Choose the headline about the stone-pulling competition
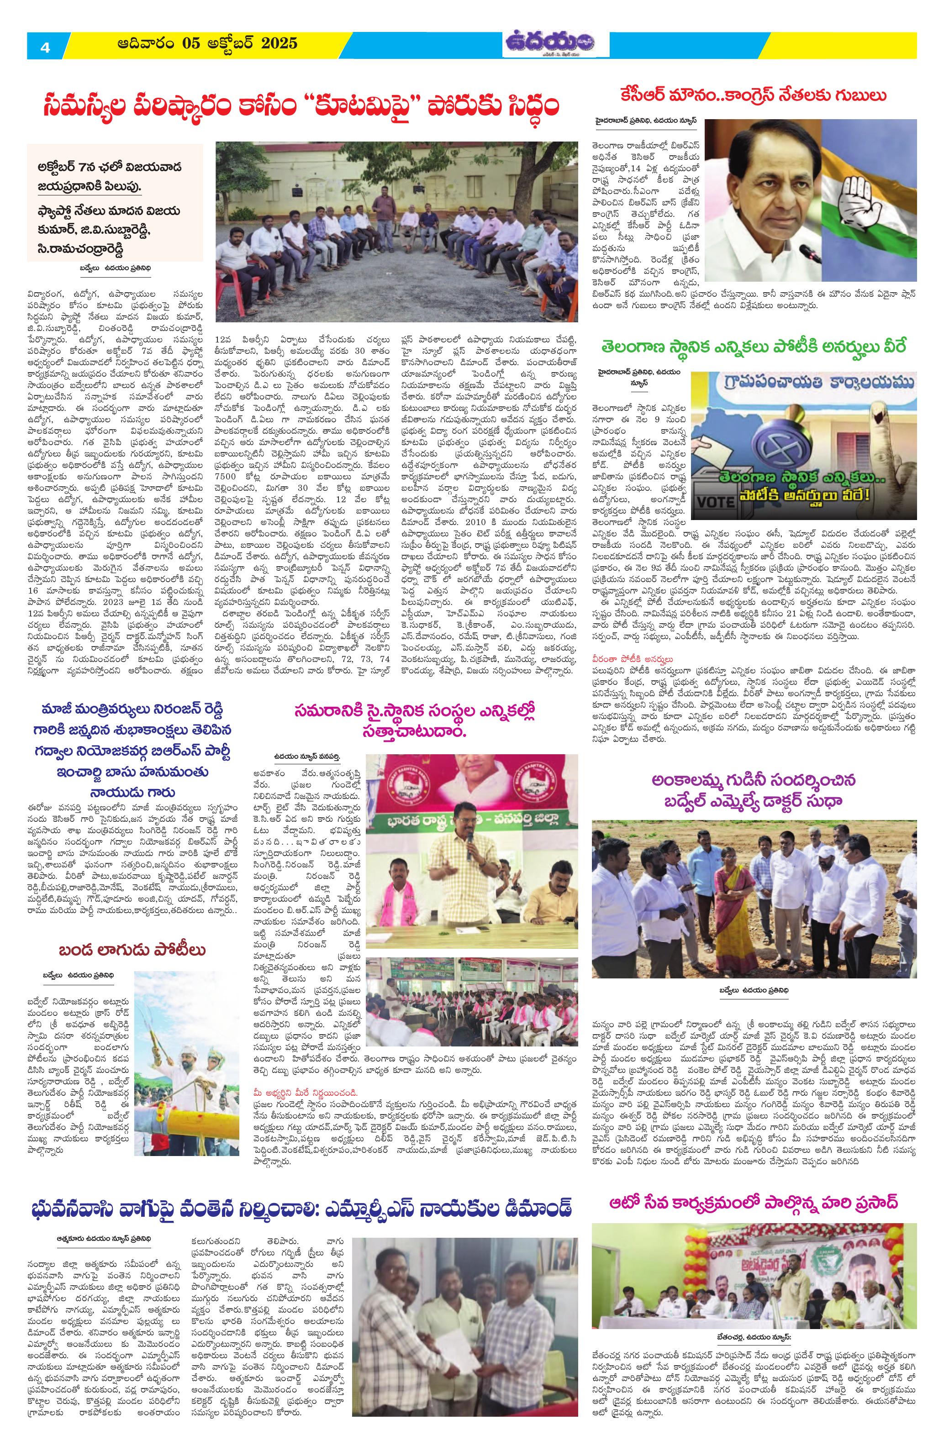pos(132,950)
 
